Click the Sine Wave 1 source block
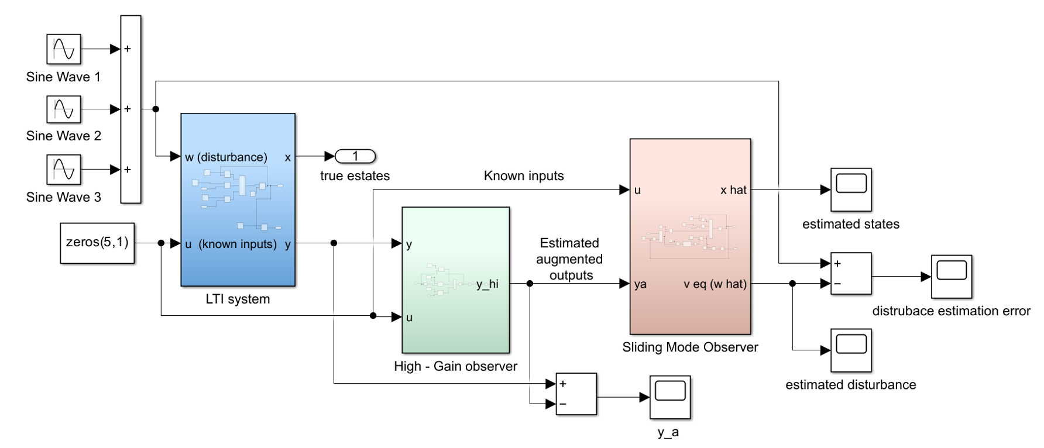64,49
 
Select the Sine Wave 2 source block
64,109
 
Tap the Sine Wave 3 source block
64,170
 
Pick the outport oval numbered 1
355,156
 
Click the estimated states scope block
851,189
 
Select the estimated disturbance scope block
851,350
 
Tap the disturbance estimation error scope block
952,277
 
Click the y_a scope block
670,397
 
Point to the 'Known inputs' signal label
524,176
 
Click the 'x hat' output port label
733,190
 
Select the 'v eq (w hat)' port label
715,284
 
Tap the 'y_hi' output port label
487,284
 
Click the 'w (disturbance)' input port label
226,157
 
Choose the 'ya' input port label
640,284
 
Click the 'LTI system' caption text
238,299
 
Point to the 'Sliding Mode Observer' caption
690,347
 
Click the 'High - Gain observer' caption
455,367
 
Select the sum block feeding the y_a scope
576,394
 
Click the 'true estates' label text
355,176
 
